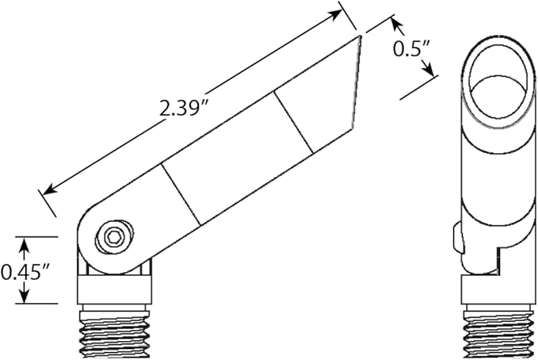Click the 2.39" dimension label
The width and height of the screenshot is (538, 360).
[x=184, y=107]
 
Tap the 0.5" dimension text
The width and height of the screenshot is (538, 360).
[x=411, y=50]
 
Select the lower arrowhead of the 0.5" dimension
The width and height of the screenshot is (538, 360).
[x=428, y=70]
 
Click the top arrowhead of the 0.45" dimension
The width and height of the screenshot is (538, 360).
[x=24, y=243]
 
